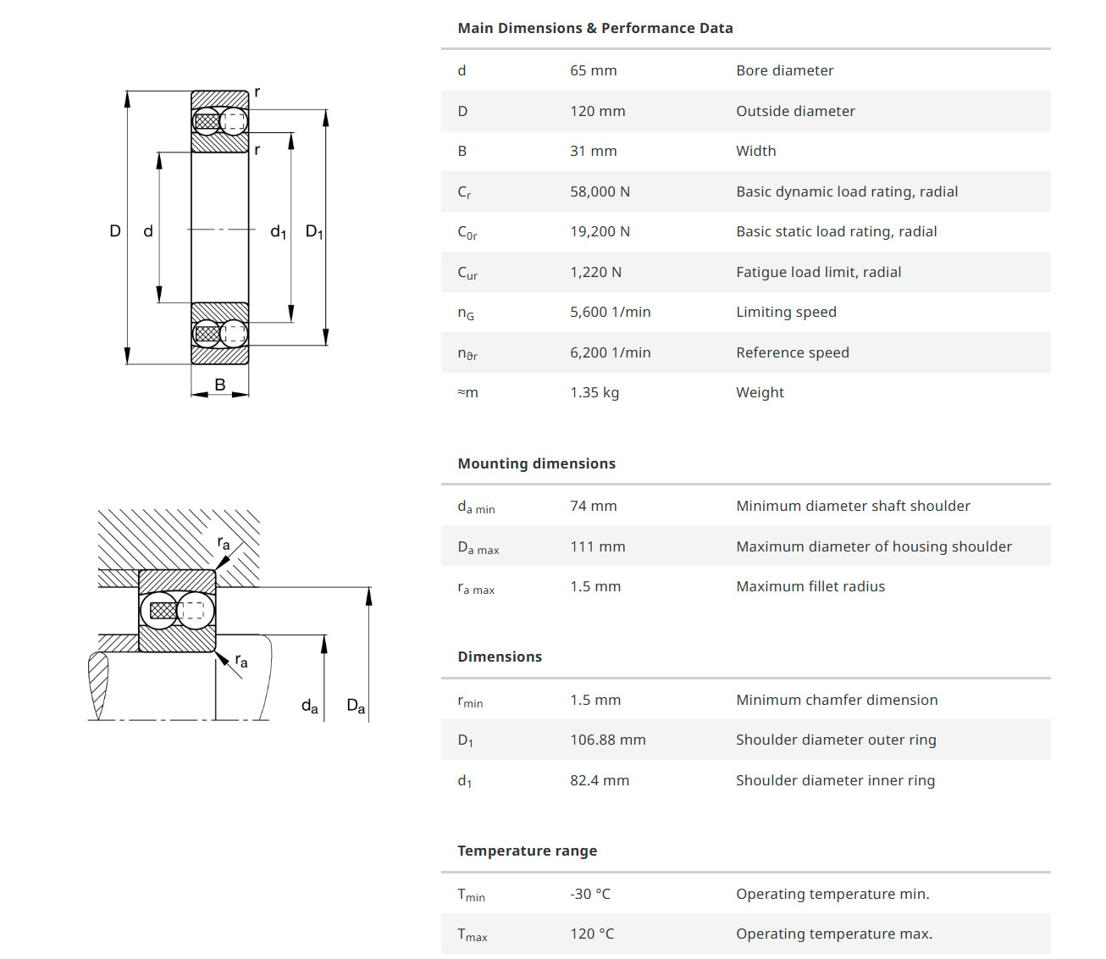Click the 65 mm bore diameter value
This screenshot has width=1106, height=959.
tap(593, 70)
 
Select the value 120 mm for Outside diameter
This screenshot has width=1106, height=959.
tap(597, 111)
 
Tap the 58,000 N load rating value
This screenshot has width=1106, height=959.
tap(600, 191)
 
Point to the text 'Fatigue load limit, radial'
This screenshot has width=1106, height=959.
tap(818, 272)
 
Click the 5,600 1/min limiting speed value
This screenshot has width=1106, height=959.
tap(610, 312)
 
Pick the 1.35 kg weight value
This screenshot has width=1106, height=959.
tap(594, 392)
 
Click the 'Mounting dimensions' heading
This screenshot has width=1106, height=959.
tap(536, 463)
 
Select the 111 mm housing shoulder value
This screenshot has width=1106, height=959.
tap(597, 546)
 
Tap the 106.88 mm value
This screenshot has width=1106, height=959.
tap(607, 740)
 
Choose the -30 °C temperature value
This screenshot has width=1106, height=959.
tap(589, 894)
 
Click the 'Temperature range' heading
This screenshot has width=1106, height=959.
tap(527, 851)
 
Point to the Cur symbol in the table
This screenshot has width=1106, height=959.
tap(467, 273)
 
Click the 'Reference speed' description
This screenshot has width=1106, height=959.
tap(792, 352)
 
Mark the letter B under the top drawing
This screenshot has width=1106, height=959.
tap(220, 385)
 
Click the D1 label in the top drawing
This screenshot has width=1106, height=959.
tap(314, 231)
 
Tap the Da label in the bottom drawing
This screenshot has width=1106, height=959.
tap(356, 706)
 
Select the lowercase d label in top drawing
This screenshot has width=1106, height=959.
tap(148, 230)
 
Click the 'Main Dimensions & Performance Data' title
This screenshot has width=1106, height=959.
tap(594, 28)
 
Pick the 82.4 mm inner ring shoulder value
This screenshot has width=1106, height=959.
tap(599, 780)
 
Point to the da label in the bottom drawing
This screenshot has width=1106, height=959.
tap(310, 706)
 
